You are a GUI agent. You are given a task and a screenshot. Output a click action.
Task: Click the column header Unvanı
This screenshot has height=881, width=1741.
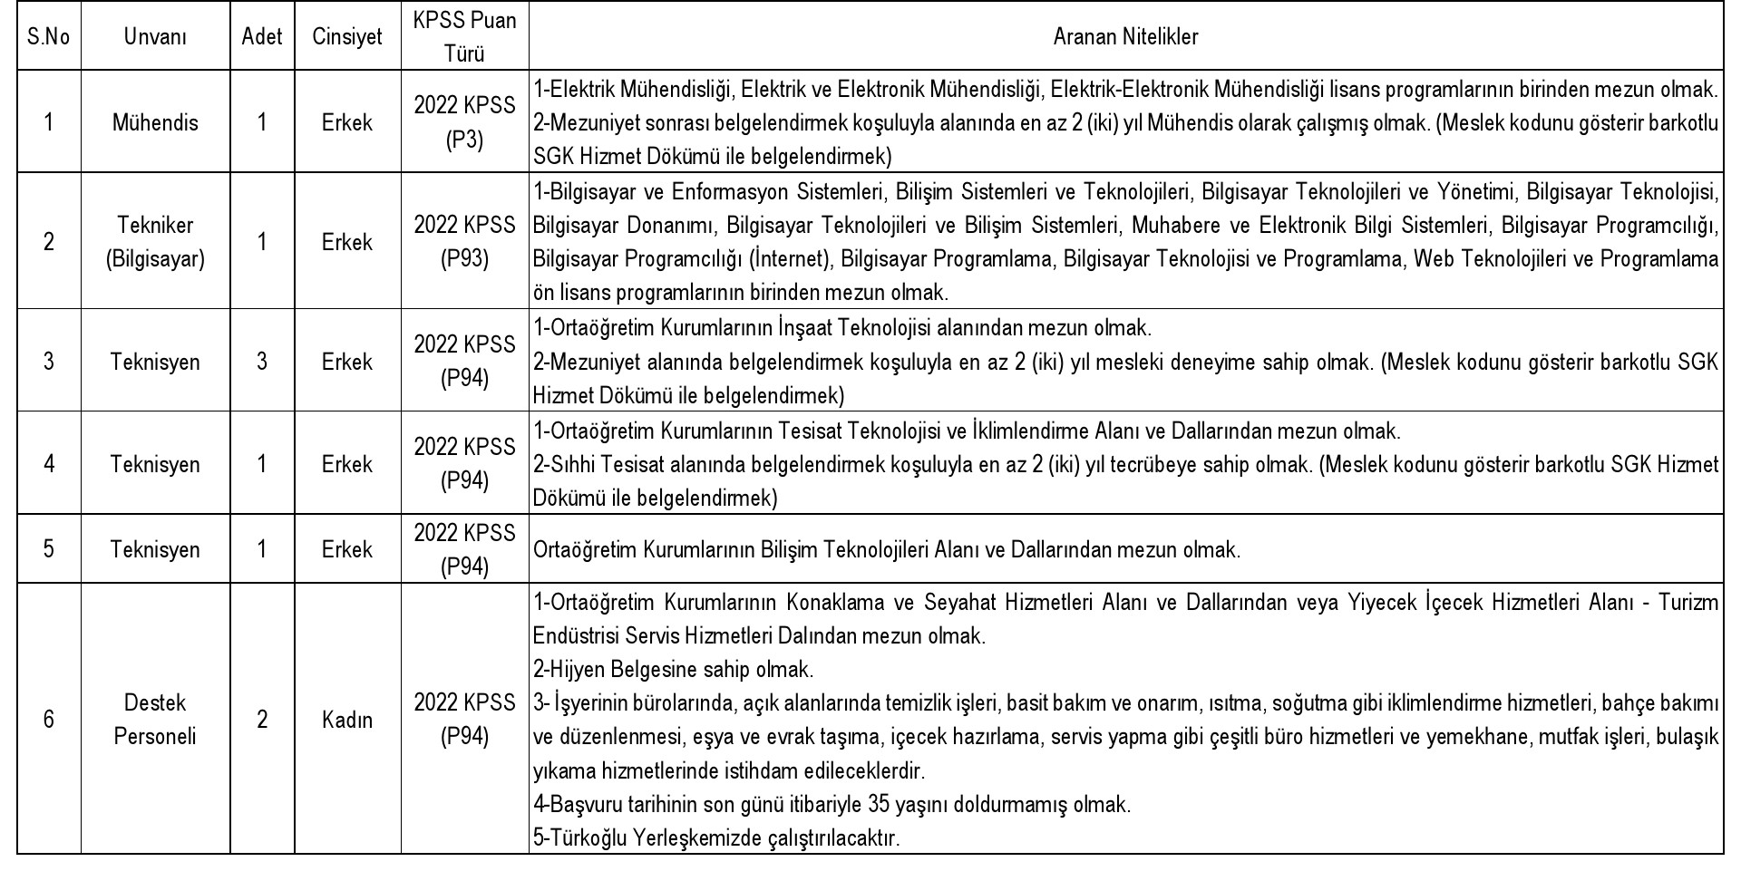[x=155, y=37]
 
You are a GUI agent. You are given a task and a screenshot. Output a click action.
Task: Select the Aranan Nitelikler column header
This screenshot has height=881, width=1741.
[x=1125, y=37]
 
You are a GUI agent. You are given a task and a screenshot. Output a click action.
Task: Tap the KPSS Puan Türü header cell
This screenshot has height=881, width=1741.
[x=464, y=37]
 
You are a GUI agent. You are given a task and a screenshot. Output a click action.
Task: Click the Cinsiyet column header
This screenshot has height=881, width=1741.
[x=347, y=37]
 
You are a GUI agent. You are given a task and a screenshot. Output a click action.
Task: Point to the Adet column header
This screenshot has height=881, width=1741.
[x=262, y=37]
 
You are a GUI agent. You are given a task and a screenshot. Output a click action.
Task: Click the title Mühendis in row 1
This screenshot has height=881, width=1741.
[x=155, y=122]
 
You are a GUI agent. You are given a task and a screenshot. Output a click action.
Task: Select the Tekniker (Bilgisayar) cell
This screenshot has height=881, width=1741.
[x=155, y=242]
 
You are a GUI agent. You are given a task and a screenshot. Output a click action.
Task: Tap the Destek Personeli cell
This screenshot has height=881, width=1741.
[x=155, y=720]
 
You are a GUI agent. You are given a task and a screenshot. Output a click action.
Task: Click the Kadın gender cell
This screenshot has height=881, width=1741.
[x=347, y=720]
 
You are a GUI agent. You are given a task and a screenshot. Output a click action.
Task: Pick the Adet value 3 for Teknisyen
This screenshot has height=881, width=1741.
[x=262, y=362]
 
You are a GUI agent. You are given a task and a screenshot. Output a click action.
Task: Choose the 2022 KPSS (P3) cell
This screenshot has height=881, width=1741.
[x=464, y=122]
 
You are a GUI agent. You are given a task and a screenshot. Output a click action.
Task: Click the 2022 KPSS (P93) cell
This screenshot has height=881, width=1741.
[x=464, y=242]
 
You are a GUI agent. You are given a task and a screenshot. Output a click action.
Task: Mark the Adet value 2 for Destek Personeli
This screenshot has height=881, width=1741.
[x=262, y=720]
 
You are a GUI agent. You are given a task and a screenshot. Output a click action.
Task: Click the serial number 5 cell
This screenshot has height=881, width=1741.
[x=49, y=549]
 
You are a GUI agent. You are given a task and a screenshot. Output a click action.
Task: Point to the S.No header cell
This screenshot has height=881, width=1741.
[x=49, y=37]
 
